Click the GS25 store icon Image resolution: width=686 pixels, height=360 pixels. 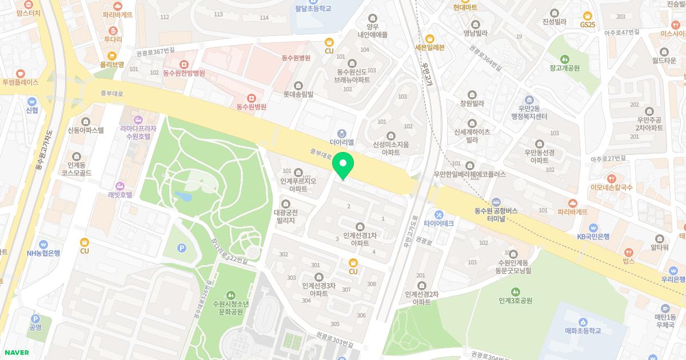[587, 15]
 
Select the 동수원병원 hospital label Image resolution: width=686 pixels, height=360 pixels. [252, 106]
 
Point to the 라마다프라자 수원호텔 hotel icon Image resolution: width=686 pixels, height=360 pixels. [138, 119]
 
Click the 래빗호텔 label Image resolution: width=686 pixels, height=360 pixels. [120, 194]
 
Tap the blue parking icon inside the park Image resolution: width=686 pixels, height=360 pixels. [182, 247]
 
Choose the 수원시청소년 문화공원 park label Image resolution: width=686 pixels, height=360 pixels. [230, 307]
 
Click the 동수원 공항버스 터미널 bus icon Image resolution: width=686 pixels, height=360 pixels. [496, 202]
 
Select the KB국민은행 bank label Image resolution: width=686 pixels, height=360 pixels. [593, 237]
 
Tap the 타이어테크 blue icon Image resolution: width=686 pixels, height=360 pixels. [439, 214]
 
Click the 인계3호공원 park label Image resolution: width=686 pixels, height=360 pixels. [515, 301]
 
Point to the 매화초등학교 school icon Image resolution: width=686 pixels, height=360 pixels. [583, 322]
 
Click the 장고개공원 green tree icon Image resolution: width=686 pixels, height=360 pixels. [565, 59]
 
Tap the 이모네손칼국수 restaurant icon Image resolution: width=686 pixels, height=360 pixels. [612, 178]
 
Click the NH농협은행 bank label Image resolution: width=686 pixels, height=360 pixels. [43, 253]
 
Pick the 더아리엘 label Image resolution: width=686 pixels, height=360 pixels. [342, 142]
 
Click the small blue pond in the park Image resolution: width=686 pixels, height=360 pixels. [184, 196]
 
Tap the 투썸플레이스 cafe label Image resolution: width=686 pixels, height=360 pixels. [20, 82]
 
